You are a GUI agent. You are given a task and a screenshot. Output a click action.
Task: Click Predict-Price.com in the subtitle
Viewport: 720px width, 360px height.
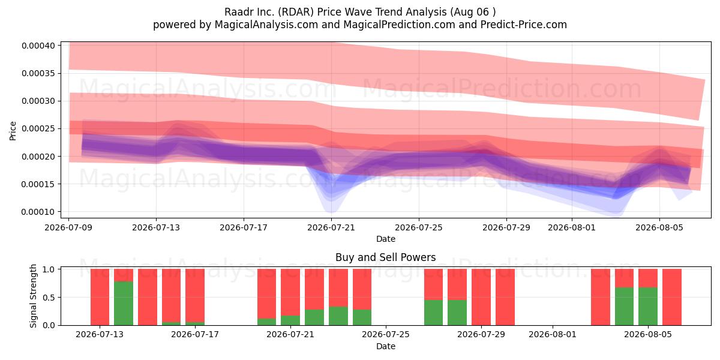click(524, 25)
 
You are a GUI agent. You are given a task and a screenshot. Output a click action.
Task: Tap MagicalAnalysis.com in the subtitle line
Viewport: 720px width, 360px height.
click(266, 25)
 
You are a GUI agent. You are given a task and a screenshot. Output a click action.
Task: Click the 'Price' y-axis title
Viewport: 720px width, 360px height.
click(13, 131)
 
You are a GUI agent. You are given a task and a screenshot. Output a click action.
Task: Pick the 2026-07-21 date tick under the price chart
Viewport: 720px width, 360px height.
click(331, 227)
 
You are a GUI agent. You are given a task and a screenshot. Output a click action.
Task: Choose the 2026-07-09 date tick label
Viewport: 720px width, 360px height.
click(68, 227)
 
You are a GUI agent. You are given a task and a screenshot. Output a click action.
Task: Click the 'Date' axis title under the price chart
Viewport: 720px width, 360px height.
click(386, 239)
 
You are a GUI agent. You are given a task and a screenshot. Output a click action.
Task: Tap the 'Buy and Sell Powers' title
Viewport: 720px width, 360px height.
click(385, 257)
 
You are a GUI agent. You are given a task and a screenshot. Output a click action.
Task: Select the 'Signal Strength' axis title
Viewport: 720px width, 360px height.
click(33, 296)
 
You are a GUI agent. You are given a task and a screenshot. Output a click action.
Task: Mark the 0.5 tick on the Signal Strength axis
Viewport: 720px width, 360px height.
click(49, 298)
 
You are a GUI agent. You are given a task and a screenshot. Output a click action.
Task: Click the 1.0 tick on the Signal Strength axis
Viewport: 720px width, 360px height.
click(49, 269)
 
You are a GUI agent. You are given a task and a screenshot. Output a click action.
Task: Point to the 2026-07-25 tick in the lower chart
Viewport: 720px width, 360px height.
click(386, 334)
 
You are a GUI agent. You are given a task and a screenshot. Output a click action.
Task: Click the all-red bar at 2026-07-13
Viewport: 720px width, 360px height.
click(100, 297)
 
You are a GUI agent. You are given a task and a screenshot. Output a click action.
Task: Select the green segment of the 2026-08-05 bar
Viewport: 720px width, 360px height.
click(648, 307)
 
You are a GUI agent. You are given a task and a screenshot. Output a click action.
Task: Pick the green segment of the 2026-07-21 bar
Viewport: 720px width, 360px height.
click(290, 320)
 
